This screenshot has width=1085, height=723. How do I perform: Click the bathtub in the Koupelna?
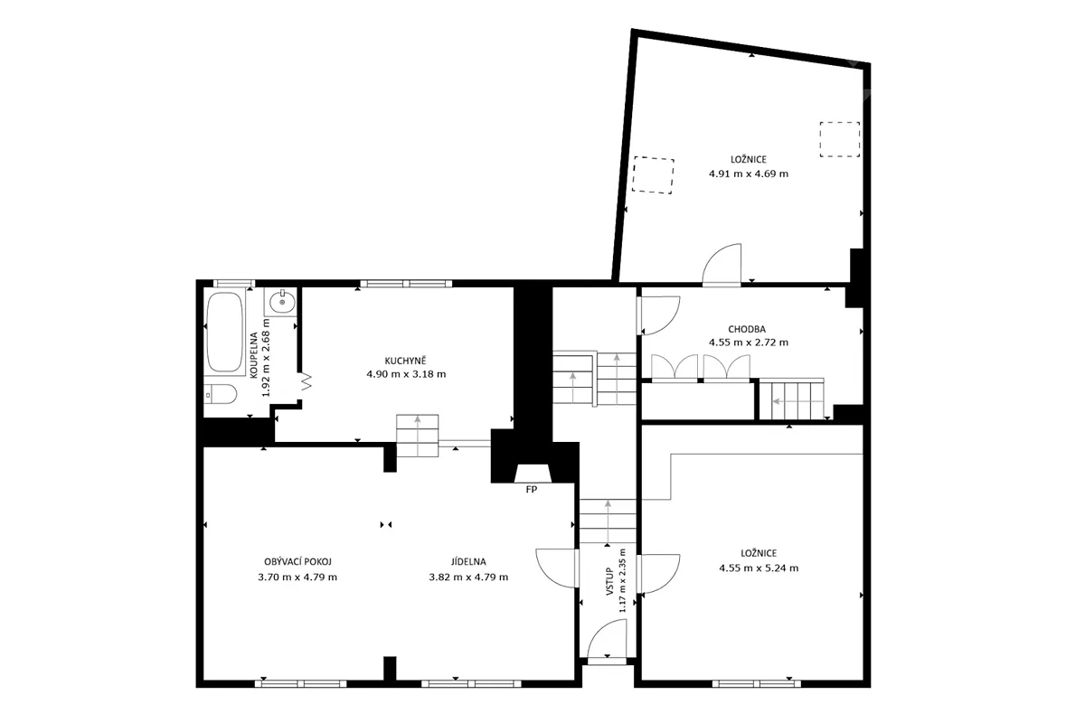[x=224, y=332]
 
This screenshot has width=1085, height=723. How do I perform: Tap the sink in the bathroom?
[x=281, y=302]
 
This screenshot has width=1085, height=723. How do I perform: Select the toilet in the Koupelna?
[x=220, y=394]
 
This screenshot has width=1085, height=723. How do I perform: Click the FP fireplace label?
[x=532, y=490]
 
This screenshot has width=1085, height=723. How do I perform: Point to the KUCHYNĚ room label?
[x=405, y=361]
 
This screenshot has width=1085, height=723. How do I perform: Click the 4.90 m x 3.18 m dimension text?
[x=406, y=374]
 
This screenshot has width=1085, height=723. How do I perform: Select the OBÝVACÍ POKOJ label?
[x=297, y=562]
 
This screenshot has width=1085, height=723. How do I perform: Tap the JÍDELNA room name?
[x=468, y=562]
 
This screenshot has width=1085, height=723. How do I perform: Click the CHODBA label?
[x=747, y=329]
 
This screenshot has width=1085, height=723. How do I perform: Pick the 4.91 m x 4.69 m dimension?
[x=749, y=174]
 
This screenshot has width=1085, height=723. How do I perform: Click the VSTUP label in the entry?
[x=609, y=581]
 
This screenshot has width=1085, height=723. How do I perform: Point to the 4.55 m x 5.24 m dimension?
[x=759, y=568]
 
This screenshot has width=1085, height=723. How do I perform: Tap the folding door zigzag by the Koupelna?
[x=307, y=381]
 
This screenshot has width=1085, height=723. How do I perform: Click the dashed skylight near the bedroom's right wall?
[x=840, y=139]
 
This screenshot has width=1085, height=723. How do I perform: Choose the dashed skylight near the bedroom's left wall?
[x=653, y=175]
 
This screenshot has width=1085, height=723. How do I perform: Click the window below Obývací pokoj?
[x=301, y=684]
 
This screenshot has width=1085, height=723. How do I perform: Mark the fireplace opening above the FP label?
[x=533, y=474]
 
